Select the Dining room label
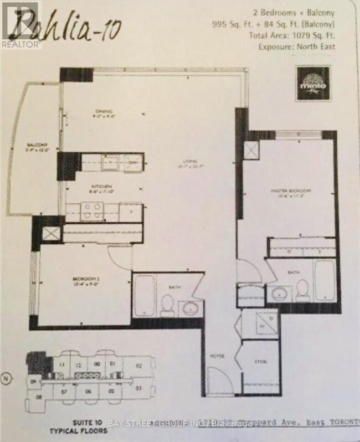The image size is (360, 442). point(102,114)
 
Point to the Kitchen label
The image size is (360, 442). point(103,186)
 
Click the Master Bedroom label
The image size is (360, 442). point(291,191)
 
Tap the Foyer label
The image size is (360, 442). point(217,356)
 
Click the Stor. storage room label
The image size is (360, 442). point(260,362)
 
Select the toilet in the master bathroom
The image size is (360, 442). point(302,288)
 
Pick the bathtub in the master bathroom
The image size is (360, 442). point(324,280)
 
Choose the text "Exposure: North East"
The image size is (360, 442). point(296,47)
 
